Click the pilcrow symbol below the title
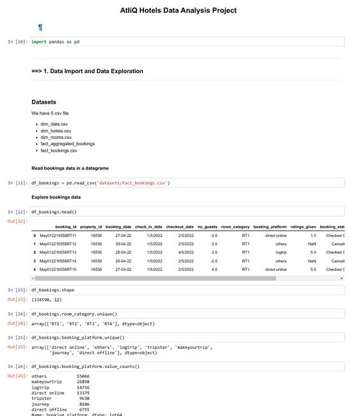tap(40, 28)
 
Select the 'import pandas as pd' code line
tap(56, 42)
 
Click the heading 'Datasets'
tap(44, 102)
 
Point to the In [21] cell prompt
tap(18, 183)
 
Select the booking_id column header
tap(66, 227)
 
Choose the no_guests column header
tap(207, 227)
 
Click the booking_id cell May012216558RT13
tap(58, 252)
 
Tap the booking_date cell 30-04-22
tap(119, 244)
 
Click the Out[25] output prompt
tap(18, 346)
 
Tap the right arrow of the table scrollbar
tap(342, 278)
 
